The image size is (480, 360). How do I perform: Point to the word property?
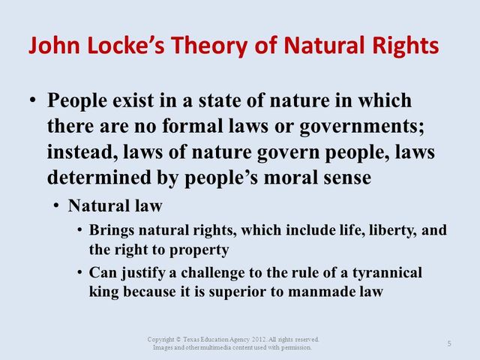click(x=203, y=249)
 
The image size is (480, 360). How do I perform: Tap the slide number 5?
click(x=448, y=343)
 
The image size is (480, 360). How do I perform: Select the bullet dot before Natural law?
click(x=57, y=205)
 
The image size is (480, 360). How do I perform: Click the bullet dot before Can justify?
click(x=79, y=272)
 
